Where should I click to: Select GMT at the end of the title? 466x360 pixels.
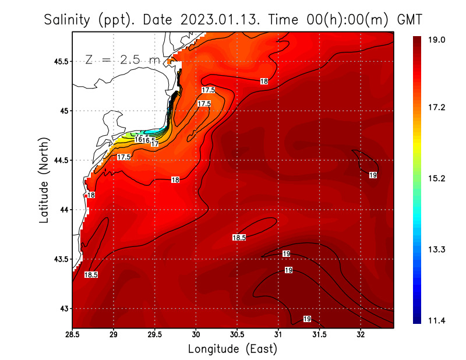tap(409, 20)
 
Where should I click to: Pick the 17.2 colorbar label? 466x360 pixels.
tap(437, 108)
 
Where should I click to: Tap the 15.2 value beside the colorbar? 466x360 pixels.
tap(437, 178)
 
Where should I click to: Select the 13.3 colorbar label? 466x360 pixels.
tap(437, 250)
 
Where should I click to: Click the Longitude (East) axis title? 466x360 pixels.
tap(232, 349)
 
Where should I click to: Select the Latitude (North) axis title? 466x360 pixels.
tap(44, 179)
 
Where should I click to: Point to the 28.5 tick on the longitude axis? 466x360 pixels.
tap(72, 334)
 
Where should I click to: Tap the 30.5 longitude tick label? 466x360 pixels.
tap(237, 334)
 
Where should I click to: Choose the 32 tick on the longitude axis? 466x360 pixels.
tap(361, 334)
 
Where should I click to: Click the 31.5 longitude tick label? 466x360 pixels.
tap(319, 334)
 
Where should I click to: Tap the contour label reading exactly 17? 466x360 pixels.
tap(155, 144)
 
